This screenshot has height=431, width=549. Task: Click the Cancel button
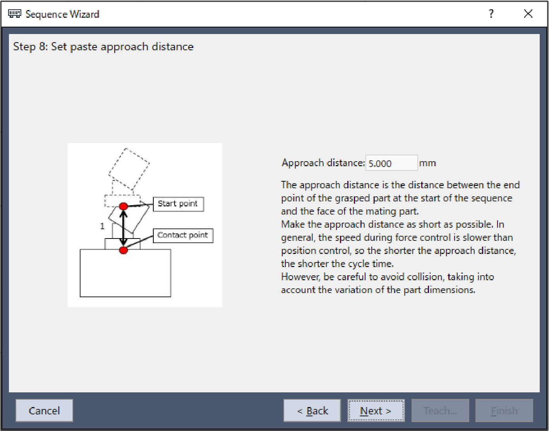[44, 411]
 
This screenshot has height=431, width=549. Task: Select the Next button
[376, 411]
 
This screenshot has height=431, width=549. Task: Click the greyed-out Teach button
[440, 411]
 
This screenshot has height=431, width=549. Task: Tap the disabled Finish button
[504, 411]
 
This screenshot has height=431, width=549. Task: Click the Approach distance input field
[391, 163]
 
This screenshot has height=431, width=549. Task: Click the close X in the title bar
[528, 14]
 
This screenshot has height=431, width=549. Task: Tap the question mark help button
[491, 14]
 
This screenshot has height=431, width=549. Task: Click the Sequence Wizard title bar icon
[15, 14]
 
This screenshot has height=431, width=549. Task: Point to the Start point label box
[178, 204]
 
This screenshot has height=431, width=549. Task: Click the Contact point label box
[183, 236]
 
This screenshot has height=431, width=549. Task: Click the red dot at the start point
[124, 206]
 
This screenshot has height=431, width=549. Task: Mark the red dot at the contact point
[124, 250]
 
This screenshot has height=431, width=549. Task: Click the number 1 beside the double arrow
[102, 226]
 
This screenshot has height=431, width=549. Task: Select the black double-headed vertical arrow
[124, 228]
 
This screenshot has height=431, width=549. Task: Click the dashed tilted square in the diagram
[129, 169]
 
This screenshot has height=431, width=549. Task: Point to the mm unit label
[427, 163]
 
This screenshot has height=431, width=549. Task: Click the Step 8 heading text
[103, 47]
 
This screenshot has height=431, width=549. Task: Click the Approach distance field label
[323, 163]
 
